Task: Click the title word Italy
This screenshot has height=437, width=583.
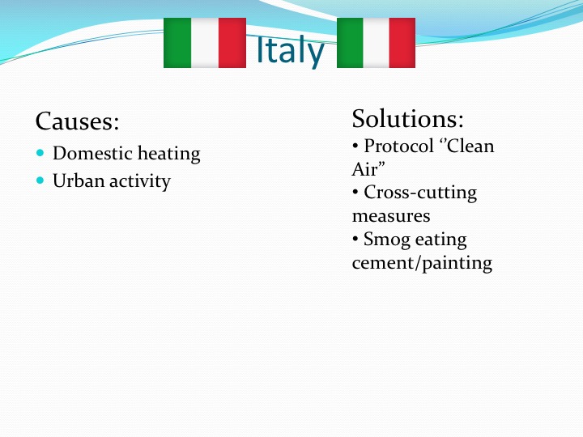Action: [291, 50]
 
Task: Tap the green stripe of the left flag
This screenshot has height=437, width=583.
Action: [177, 43]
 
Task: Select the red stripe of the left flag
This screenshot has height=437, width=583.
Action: [232, 43]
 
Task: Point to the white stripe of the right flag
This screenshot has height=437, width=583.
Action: [376, 43]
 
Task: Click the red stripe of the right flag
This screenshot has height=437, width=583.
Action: [402, 43]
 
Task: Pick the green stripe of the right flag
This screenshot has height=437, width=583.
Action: [350, 43]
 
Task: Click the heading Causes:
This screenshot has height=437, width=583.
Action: [78, 121]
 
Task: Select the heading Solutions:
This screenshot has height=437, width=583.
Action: [408, 118]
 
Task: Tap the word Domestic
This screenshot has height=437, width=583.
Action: [92, 153]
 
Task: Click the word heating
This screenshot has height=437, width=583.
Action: [169, 154]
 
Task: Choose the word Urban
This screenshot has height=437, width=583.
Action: [79, 180]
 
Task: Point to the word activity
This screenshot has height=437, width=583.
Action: [140, 181]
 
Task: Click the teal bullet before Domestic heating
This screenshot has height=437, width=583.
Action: [40, 152]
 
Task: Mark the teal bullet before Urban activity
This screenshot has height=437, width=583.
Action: [40, 180]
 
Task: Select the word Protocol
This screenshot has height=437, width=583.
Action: [399, 146]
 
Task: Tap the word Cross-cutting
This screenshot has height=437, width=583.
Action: [420, 193]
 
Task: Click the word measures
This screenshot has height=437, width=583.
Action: [391, 216]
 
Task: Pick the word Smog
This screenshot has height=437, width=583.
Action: [387, 240]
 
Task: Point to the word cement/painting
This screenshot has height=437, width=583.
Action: [422, 263]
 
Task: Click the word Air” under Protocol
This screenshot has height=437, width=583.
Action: [368, 169]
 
